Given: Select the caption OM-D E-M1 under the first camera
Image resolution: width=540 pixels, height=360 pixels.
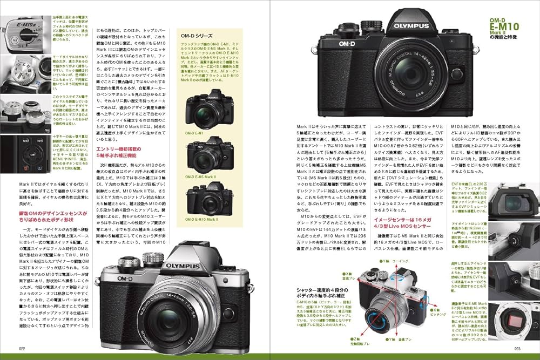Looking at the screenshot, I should pyautogui.click(x=194, y=132).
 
